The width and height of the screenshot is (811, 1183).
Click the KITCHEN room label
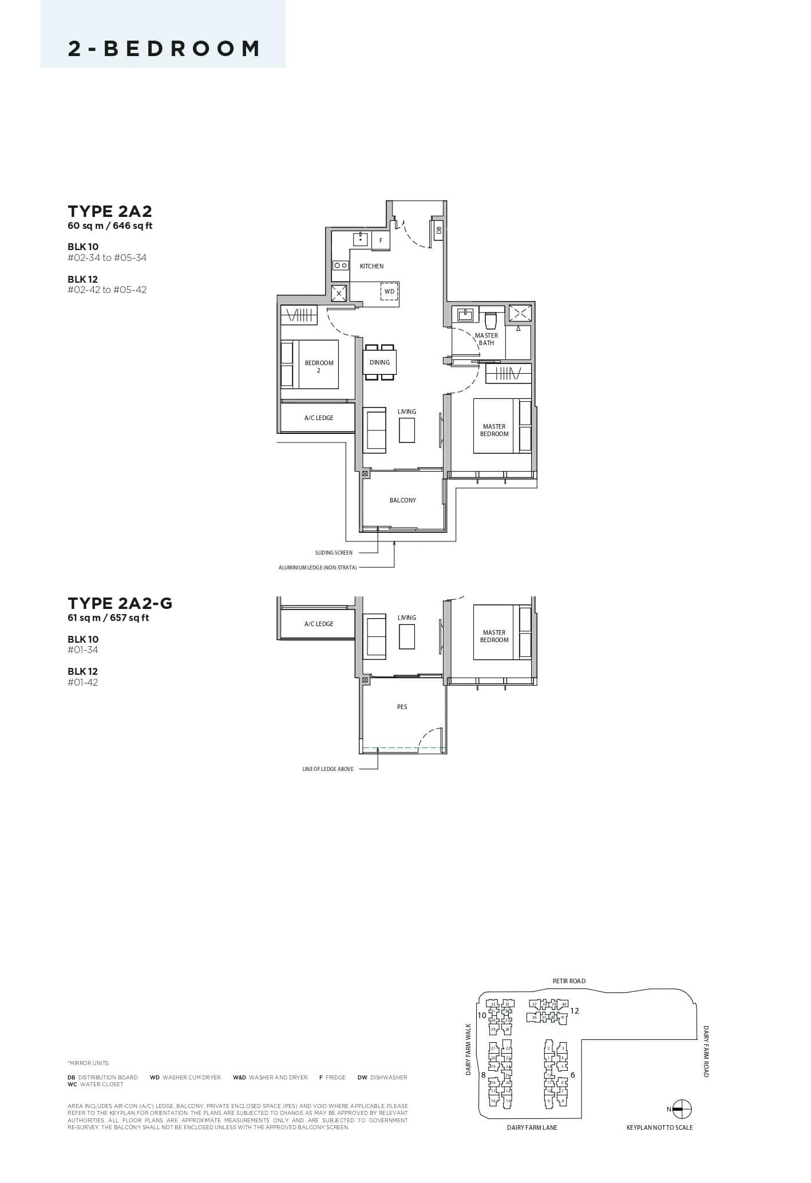[x=371, y=266]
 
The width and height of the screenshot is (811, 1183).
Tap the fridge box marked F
[x=381, y=240]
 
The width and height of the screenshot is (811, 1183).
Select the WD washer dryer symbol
[x=389, y=291]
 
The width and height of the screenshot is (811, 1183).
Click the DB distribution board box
[x=438, y=230]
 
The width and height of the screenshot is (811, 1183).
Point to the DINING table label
[x=379, y=362]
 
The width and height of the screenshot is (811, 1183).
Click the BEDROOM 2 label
[x=319, y=366]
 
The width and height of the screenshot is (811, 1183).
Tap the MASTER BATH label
[x=486, y=339]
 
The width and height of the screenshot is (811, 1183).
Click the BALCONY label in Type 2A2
[x=403, y=500]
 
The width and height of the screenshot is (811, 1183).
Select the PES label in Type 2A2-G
[x=402, y=707]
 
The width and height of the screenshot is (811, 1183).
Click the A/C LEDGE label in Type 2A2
[x=319, y=418]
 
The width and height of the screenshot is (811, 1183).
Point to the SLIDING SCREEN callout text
[x=334, y=553]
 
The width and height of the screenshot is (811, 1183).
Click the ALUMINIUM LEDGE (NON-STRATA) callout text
[x=318, y=568]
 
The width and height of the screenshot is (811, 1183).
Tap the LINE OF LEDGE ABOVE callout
[x=328, y=769]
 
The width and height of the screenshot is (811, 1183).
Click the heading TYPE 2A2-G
[x=120, y=603]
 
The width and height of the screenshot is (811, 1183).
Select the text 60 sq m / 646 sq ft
[x=110, y=225]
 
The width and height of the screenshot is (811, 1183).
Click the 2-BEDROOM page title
[x=164, y=49]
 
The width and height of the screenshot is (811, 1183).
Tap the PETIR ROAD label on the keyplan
[x=569, y=981]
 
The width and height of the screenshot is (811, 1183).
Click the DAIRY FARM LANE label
[x=532, y=1127]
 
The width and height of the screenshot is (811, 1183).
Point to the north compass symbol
[x=682, y=1109]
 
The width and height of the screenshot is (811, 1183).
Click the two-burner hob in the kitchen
[x=341, y=266]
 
